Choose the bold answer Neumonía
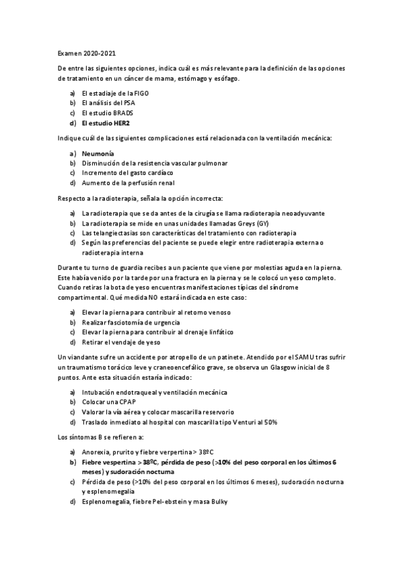[x=98, y=154]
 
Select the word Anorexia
[x=97, y=452]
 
